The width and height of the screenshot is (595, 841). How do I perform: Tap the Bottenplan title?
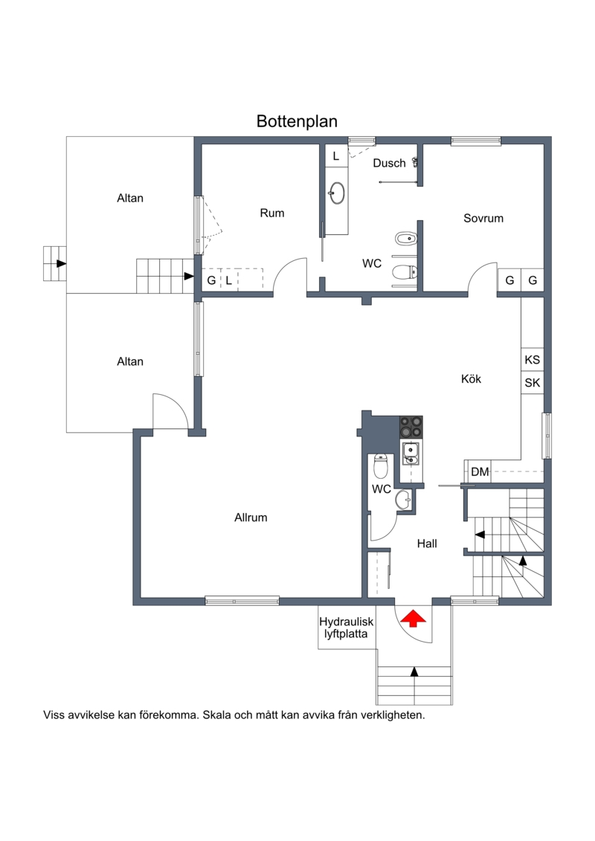(x=297, y=121)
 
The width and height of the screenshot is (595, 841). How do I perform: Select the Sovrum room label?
(x=483, y=219)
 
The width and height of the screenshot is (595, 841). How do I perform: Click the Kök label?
(x=471, y=379)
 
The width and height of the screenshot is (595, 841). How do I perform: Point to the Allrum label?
(x=251, y=518)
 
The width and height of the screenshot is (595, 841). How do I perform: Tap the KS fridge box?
(x=533, y=359)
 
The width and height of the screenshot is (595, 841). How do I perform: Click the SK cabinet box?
(x=533, y=382)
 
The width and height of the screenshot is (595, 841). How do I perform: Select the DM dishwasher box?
(x=479, y=472)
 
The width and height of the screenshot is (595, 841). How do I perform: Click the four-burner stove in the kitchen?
(x=411, y=427)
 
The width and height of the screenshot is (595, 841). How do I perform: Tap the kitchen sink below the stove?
(x=411, y=453)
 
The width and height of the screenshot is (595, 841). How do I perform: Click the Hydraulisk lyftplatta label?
(x=346, y=628)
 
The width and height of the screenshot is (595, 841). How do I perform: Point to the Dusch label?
(x=389, y=163)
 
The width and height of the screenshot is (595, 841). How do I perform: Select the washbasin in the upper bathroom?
(x=337, y=193)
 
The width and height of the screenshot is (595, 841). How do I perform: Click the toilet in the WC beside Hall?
(x=380, y=466)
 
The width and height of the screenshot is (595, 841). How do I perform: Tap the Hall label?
(x=427, y=544)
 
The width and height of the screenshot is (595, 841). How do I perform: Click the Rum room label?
(x=272, y=213)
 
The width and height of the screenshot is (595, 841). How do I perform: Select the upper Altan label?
(x=130, y=198)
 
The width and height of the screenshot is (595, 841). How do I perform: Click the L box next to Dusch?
(x=336, y=156)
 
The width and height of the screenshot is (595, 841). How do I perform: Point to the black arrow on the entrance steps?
(x=414, y=671)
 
